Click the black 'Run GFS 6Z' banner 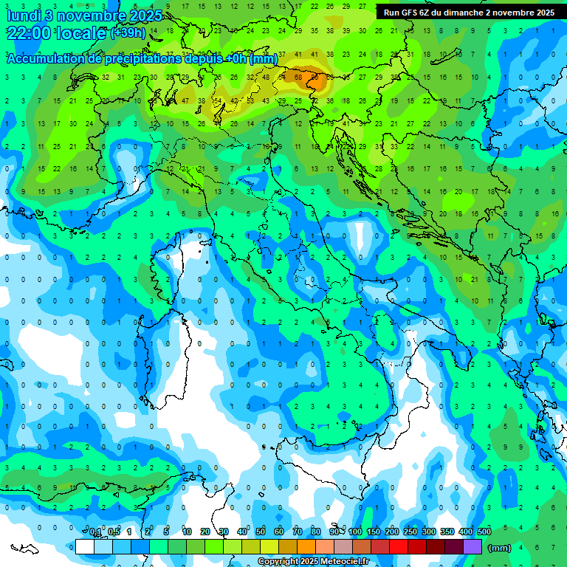pos(470,13)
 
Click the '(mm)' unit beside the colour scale pos(500,547)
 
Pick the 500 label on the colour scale pos(484,532)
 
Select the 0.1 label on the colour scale pos(95,532)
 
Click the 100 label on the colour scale pos(355,532)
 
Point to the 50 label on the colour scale pos(261,532)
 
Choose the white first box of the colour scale pos(85,546)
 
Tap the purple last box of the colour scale pos(472,546)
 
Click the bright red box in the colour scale pos(399,546)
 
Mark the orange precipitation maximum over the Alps pos(316,76)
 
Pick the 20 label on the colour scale pos(205,532)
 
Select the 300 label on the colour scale pos(429,532)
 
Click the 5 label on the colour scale pos(167,532)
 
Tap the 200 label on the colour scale pos(392,532)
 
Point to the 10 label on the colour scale pos(187,532)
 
